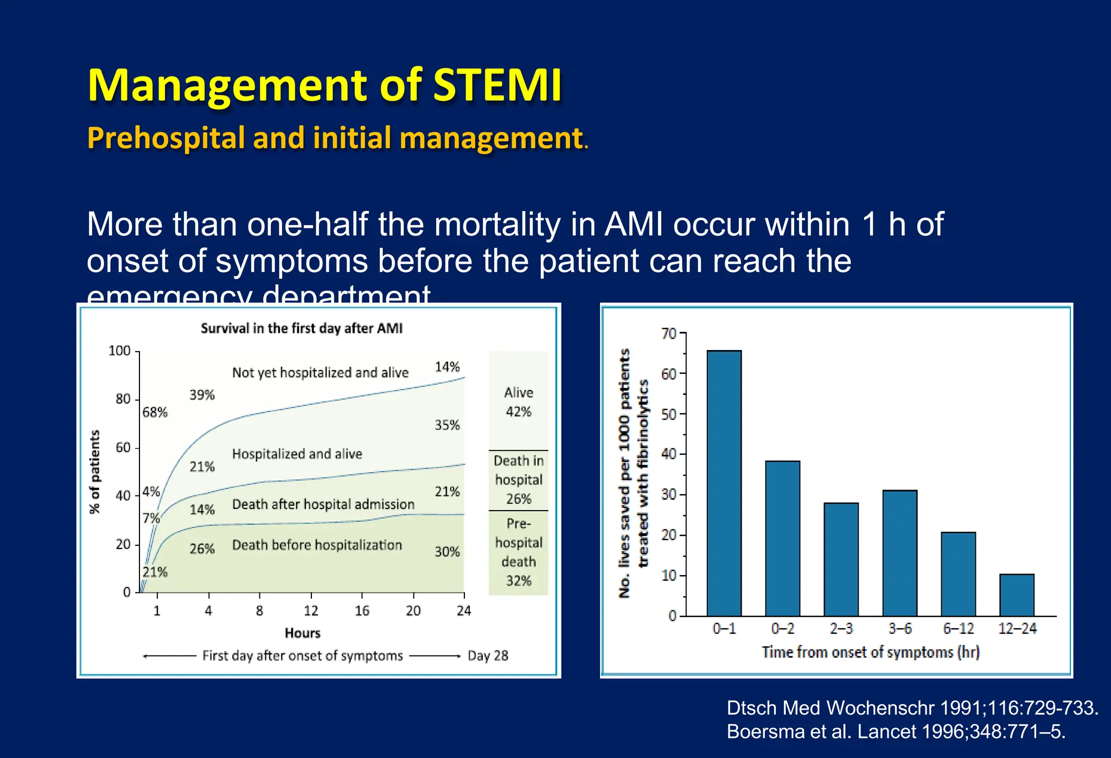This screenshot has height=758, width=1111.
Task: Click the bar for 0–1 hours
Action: (724, 483)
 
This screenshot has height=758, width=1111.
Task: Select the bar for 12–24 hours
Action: (1017, 595)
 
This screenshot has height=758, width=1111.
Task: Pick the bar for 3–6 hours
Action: (899, 553)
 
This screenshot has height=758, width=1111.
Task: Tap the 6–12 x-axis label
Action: (958, 628)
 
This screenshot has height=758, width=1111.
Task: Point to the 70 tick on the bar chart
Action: (669, 333)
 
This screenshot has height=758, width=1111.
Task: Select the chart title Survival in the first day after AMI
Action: (302, 328)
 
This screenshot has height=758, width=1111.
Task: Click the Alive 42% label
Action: (518, 402)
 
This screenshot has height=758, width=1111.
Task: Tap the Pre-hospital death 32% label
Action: (518, 552)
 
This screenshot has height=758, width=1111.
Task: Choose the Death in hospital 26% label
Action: (518, 480)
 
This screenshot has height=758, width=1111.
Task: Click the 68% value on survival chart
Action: (155, 412)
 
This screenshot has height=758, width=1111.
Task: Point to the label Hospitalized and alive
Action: (297, 454)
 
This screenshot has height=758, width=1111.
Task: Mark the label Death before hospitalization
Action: (317, 545)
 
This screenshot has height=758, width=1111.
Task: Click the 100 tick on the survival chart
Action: (119, 351)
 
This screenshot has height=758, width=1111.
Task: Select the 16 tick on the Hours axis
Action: (362, 611)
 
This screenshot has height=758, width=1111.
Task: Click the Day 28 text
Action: (488, 655)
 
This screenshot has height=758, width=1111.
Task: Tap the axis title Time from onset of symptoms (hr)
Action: (870, 652)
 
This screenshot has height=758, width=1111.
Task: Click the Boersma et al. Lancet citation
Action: (896, 731)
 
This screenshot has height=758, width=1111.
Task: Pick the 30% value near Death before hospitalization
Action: (447, 552)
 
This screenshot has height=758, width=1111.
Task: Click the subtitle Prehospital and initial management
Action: (335, 138)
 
